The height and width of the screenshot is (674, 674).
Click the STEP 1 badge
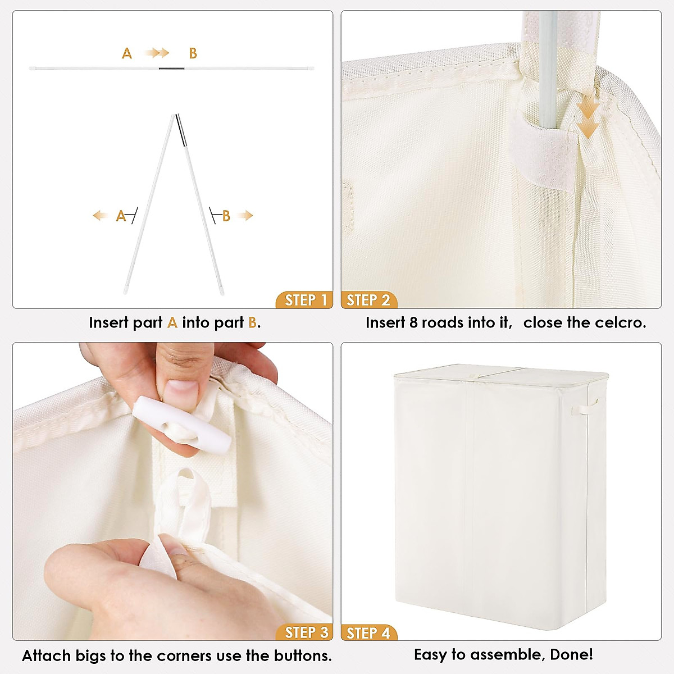coord(305,300)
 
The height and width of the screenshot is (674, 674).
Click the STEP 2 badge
coord(368,300)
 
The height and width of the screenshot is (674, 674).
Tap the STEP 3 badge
coord(305,632)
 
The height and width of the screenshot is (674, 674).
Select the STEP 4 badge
coord(368,632)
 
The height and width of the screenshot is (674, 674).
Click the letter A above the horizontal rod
coord(127,53)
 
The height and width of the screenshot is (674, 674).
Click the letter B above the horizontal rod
coord(193,53)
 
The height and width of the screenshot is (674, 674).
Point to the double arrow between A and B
coord(157,53)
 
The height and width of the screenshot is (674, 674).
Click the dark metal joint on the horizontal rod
coord(167,69)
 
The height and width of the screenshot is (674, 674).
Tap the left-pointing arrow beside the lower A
coord(101,215)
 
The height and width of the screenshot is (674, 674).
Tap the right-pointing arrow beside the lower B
coord(246,215)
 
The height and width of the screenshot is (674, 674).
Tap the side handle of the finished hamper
coord(592,405)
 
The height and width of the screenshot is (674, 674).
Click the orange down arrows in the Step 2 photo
coord(588,121)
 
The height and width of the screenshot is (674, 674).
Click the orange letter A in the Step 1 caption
coord(172,322)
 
